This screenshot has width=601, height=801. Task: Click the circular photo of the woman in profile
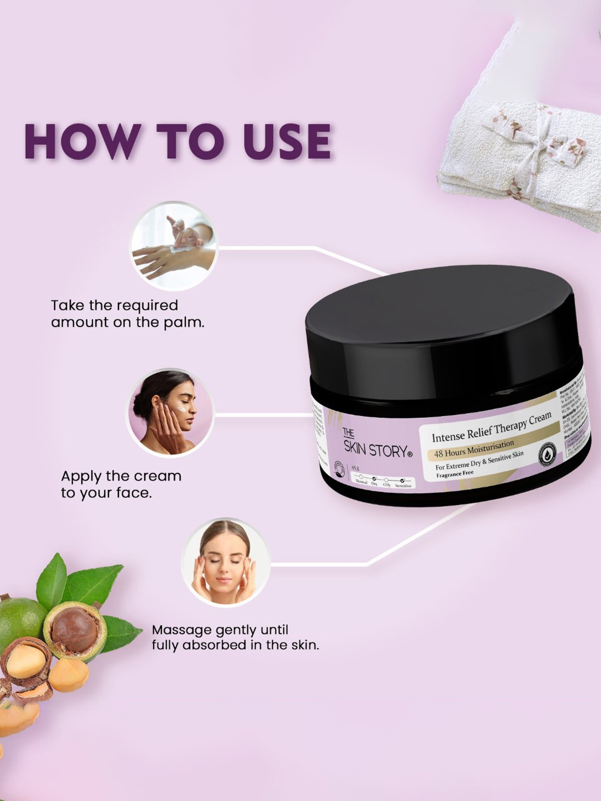click(170, 413)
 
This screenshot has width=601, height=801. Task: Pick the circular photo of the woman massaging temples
click(226, 562)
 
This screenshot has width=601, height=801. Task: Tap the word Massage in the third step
click(182, 630)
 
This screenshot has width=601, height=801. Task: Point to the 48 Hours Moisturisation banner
click(474, 449)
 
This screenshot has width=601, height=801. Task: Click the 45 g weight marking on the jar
click(355, 468)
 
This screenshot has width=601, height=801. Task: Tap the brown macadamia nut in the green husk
click(75, 630)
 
